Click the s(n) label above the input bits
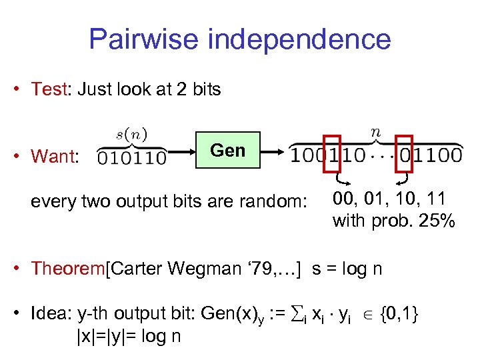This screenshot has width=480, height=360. point(132,133)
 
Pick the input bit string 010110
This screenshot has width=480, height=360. point(132,158)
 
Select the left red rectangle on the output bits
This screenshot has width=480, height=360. point(331,158)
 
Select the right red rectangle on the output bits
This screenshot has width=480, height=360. point(404,158)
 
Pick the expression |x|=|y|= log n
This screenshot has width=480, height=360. point(129,336)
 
